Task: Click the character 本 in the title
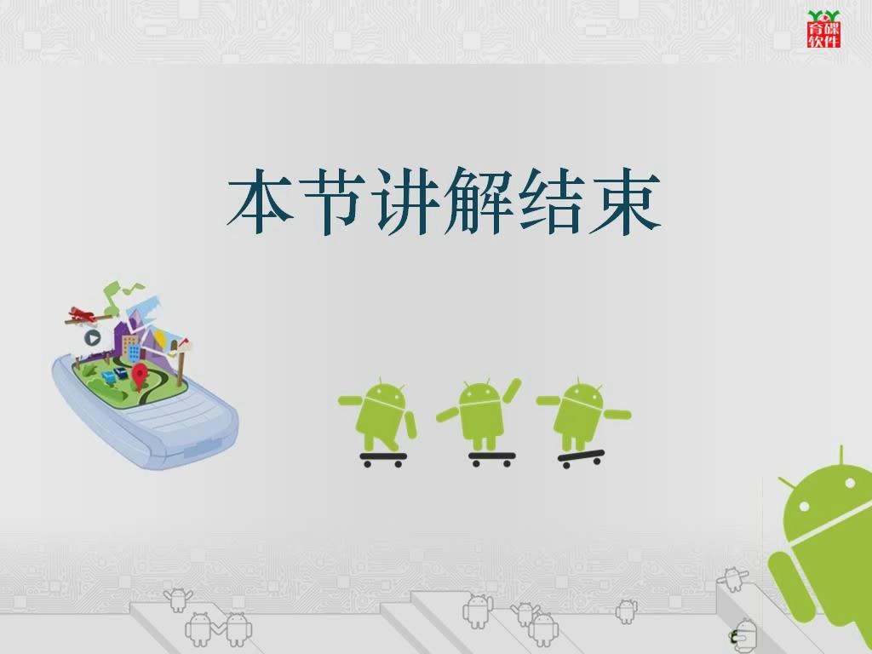tap(261, 201)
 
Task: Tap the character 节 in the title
tap(332, 201)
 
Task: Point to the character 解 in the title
tap(479, 201)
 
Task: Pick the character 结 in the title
tap(552, 201)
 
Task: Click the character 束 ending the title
tap(625, 201)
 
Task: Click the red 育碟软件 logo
tap(823, 29)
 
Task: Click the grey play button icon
tap(92, 337)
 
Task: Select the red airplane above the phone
tap(83, 315)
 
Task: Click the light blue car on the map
tap(108, 377)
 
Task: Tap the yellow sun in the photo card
tap(161, 339)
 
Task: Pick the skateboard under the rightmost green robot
tap(581, 458)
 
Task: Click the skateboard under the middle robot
tap(491, 459)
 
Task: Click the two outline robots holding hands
tap(219, 629)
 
